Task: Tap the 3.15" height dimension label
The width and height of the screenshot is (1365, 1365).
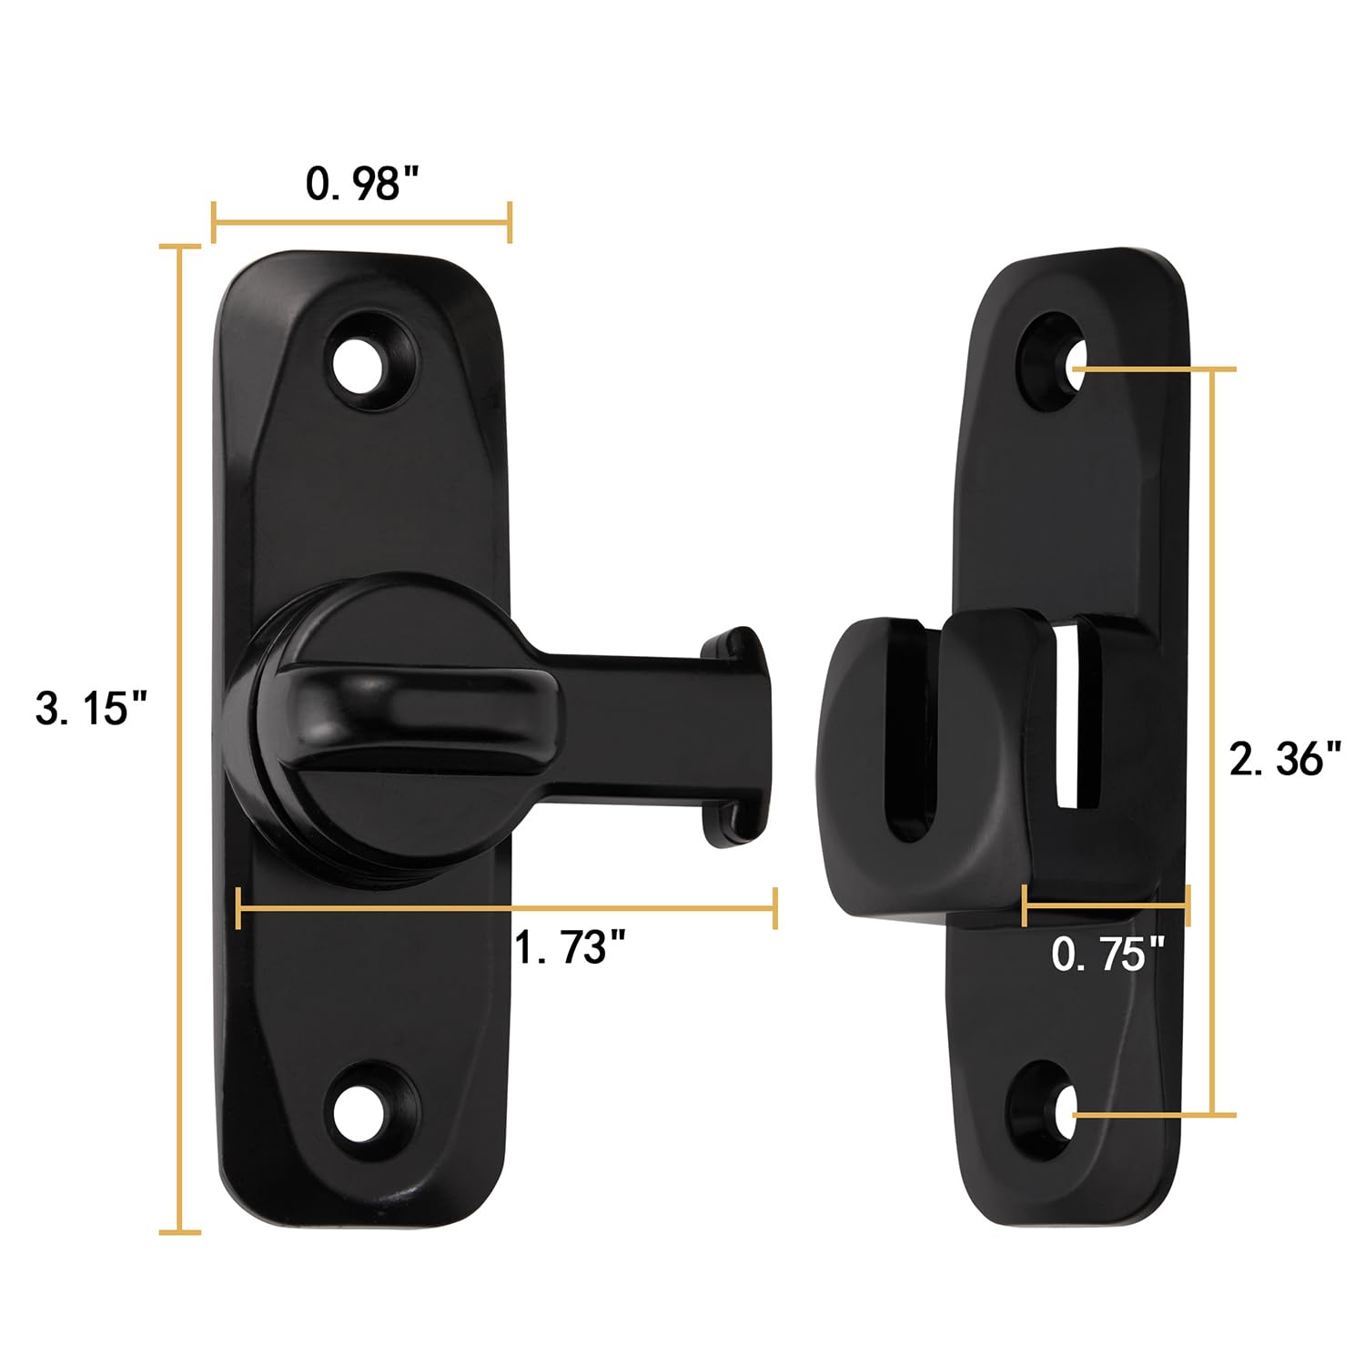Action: [x=91, y=708]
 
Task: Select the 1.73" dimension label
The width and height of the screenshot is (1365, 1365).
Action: [x=571, y=947]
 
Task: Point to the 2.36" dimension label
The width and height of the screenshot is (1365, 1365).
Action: [x=1285, y=758]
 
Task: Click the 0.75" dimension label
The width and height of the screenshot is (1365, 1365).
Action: [x=1107, y=955]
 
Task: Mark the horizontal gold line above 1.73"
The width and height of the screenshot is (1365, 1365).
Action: [x=506, y=907]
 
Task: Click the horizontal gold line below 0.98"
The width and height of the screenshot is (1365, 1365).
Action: [x=361, y=223]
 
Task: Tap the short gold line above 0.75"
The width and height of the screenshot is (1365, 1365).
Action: [x=1106, y=905]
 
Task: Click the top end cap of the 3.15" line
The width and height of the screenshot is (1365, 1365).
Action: [x=180, y=246]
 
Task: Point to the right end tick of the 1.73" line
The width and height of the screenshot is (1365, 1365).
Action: [x=774, y=907]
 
